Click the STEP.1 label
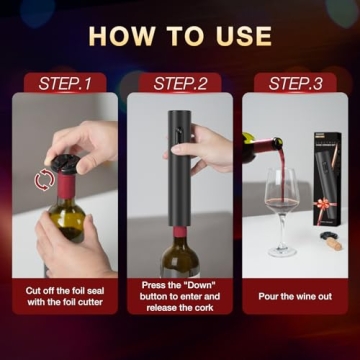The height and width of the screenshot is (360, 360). tap(64, 83)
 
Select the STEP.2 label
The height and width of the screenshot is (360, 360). tap(180, 83)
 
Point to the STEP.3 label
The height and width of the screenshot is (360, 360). tap(296, 83)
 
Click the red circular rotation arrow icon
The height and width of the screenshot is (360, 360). tap(43, 180)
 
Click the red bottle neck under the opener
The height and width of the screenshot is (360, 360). tap(179, 235)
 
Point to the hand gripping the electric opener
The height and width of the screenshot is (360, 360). tap(211, 150)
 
